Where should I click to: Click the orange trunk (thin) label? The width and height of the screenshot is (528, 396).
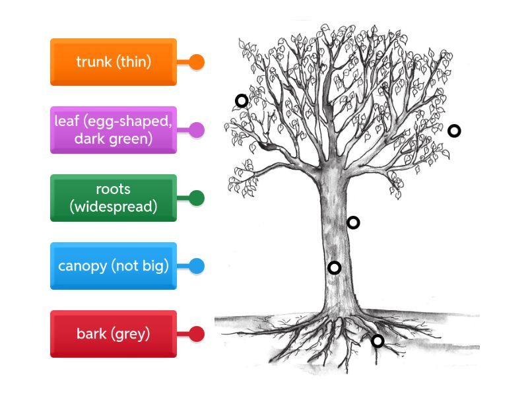pos(113,62)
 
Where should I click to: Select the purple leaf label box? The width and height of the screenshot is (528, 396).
pos(113,130)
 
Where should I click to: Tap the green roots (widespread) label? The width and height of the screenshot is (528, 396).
pos(113,198)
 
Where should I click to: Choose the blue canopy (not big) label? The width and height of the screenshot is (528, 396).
pos(113,266)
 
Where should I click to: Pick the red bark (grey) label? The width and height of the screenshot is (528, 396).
pos(113,334)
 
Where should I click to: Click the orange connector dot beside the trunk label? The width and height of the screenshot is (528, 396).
pos(197,62)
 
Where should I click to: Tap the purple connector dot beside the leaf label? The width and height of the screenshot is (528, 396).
pos(197,130)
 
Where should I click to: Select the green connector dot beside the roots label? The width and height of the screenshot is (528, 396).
pos(197,198)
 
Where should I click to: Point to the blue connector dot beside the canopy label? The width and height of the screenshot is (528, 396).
pos(197,266)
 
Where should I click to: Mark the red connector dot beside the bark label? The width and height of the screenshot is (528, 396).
pos(197,334)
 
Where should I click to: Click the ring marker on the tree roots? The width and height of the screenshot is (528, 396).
pos(378,341)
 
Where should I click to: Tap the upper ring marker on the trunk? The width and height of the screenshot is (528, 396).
pos(353,222)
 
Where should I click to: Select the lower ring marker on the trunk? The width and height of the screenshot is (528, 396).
pos(335,267)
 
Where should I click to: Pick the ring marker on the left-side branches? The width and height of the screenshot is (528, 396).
pos(242,100)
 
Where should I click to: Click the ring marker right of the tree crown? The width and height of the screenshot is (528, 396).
pos(454,131)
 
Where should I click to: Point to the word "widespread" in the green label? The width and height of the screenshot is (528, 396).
pos(114,207)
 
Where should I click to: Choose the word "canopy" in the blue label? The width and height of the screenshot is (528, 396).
pos(82,266)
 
